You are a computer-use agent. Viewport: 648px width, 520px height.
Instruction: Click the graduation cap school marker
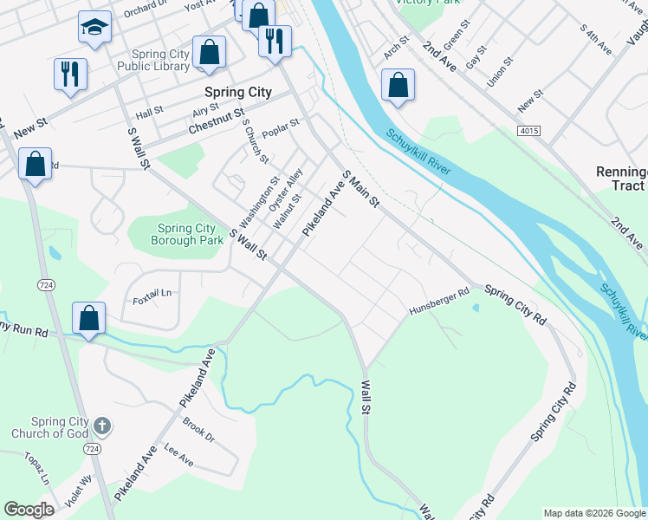(94, 28)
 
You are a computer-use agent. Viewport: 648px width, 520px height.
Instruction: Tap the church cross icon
(102, 426)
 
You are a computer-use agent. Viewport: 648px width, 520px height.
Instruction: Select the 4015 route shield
(529, 130)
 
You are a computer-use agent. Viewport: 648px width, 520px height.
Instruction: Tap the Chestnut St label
(217, 122)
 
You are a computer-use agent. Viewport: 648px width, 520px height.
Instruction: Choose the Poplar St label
(282, 124)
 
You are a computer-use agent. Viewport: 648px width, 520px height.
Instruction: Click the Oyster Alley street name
(286, 191)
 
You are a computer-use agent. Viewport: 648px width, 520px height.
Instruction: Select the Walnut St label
(287, 211)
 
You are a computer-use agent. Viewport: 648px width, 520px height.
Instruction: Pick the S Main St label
(360, 189)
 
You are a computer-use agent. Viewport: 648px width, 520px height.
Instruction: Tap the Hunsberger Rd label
(439, 301)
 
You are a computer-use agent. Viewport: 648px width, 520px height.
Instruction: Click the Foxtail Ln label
(152, 294)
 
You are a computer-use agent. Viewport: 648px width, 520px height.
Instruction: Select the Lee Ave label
(178, 456)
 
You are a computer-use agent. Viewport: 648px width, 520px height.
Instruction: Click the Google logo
(29, 510)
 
